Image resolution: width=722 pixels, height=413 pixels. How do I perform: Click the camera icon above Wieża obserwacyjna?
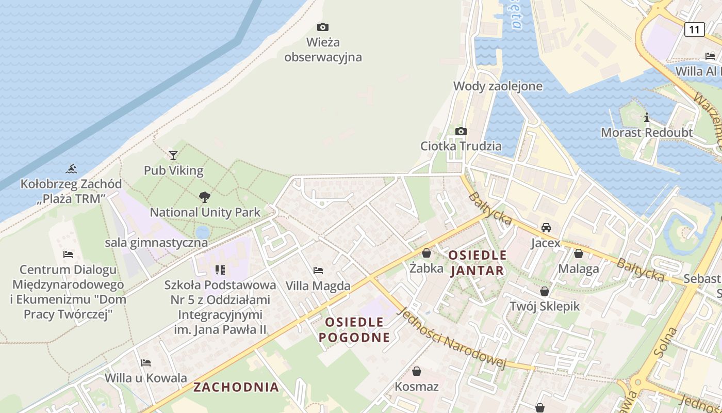pos(323,27)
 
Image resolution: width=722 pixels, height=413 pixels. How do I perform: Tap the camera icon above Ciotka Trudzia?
pos(461,131)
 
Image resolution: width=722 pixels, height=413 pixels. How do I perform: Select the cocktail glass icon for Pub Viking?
pos(173,155)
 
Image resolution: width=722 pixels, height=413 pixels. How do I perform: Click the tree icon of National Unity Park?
pos(204,197)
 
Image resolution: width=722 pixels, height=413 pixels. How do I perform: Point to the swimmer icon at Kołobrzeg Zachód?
pos(72,169)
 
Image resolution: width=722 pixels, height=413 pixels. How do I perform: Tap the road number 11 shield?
pos(694,29)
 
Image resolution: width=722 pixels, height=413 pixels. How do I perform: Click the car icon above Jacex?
pos(546,228)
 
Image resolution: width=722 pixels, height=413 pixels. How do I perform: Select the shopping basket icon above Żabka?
pos(426,253)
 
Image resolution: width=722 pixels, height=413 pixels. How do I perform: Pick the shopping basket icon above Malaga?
pos(579,253)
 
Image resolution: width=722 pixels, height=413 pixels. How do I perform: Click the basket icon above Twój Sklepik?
pos(545,291)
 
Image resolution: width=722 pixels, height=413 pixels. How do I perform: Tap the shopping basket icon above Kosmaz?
pos(417,371)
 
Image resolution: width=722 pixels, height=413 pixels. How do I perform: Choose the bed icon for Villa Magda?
pos(318,271)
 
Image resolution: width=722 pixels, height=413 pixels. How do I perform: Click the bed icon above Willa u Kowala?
pos(146,363)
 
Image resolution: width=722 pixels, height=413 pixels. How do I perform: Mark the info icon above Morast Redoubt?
pos(646,118)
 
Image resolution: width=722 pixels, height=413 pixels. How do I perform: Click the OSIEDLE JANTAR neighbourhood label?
pos(477,263)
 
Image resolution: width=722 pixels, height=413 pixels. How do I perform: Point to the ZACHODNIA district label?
pos(236,387)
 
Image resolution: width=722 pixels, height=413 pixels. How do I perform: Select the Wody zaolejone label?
pos(498,86)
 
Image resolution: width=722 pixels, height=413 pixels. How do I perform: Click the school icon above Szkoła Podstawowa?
pos(220,270)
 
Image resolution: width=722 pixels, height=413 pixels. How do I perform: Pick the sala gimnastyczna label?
pos(156,243)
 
